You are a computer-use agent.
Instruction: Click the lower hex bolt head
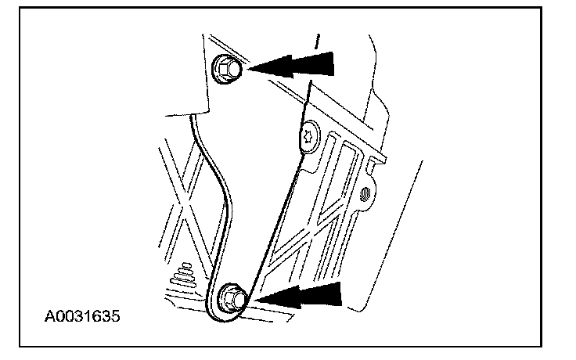coord(231,297)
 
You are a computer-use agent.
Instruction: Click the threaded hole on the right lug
coord(365,195)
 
